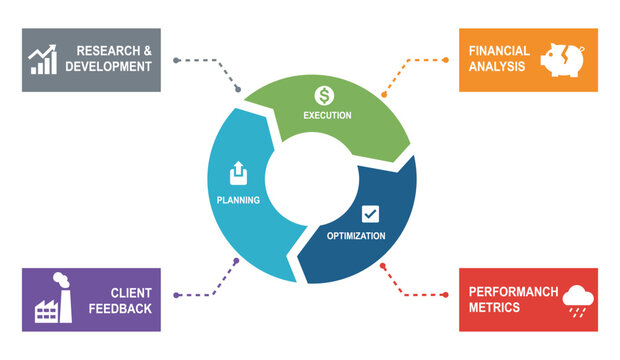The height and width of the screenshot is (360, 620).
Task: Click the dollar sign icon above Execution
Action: [324, 96]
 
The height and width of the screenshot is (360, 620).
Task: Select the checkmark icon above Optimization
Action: [370, 213]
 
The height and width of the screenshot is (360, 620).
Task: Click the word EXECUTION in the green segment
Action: [327, 116]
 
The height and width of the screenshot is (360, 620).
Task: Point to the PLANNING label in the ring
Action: [238, 200]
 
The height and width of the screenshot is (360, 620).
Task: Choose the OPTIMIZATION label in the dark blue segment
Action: [356, 236]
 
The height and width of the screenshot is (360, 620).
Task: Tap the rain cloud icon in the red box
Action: [578, 299]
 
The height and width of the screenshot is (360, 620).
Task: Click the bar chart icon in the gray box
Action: [43, 59]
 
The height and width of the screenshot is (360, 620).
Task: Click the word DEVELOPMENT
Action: [109, 67]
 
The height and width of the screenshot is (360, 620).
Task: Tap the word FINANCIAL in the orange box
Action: [499, 51]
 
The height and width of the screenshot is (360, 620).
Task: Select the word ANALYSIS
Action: [497, 67]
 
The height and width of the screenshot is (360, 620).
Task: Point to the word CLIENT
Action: [131, 293]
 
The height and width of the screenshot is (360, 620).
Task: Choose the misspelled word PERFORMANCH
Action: [512, 292]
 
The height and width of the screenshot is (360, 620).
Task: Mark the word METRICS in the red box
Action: [495, 308]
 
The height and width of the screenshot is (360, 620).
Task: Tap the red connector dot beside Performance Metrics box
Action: [446, 295]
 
